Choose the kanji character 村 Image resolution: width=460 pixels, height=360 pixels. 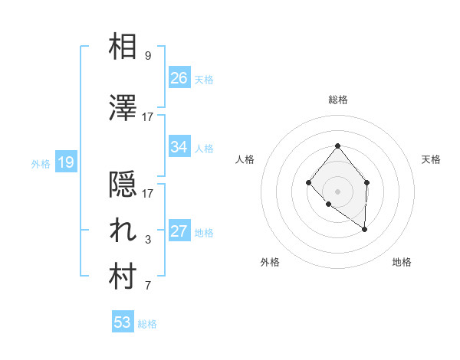pyautogui.click(x=123, y=277)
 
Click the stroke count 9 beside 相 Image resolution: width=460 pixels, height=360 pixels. pyautogui.click(x=148, y=56)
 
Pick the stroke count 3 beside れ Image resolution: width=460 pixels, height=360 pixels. pyautogui.click(x=148, y=241)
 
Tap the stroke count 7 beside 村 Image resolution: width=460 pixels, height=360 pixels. pyautogui.click(x=148, y=286)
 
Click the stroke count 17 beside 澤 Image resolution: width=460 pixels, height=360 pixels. pyautogui.click(x=148, y=117)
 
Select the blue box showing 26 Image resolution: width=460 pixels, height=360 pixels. pyautogui.click(x=179, y=78)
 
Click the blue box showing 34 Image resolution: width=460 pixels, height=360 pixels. pyautogui.click(x=179, y=147)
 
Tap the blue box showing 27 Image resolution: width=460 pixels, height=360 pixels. pyautogui.click(x=179, y=231)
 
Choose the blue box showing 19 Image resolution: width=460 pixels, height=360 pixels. pyautogui.click(x=65, y=162)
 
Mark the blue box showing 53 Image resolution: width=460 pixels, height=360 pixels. pyautogui.click(x=123, y=322)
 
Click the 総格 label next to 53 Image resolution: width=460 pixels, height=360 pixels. pyautogui.click(x=147, y=324)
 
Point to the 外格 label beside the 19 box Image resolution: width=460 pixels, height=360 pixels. pyautogui.click(x=40, y=163)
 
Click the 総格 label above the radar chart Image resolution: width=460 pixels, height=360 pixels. pyautogui.click(x=337, y=100)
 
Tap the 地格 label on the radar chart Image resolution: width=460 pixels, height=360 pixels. pyautogui.click(x=402, y=263)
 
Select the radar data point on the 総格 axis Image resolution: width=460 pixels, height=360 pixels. pyautogui.click(x=337, y=146)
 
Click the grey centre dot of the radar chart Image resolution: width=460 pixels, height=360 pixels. pyautogui.click(x=337, y=191)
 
